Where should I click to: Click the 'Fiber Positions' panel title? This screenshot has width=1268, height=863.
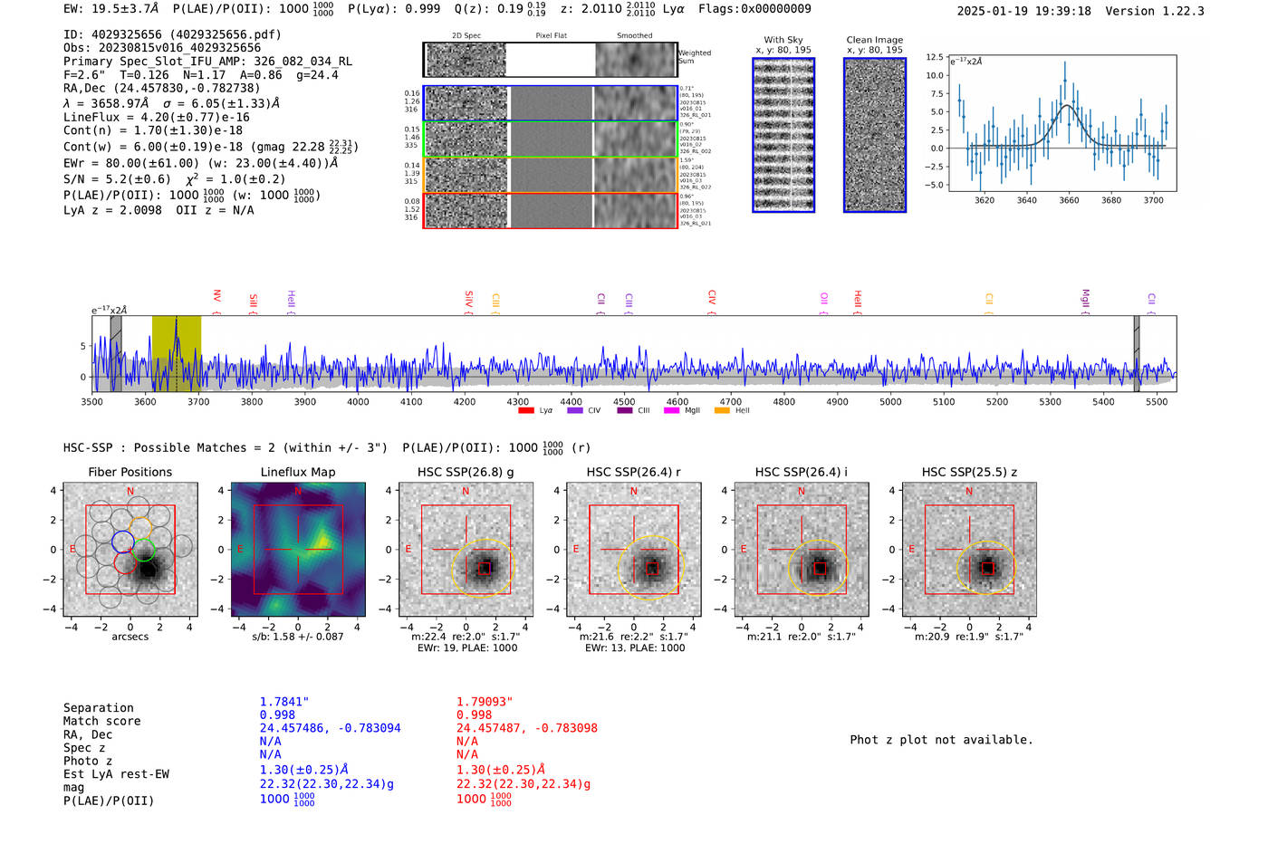point(130,472)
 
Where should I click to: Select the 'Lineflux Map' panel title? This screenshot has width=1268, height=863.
point(297,472)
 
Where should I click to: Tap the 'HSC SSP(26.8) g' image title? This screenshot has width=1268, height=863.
point(466,472)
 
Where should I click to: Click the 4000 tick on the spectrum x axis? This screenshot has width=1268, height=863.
point(358,402)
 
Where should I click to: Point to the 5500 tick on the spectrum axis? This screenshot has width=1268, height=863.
point(1157,402)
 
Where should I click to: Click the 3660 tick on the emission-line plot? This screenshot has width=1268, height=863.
point(1069,200)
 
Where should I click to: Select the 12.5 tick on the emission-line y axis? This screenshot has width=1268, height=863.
point(934,57)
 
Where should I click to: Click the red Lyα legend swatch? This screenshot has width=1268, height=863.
point(525,411)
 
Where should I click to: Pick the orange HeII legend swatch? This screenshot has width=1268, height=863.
point(722,411)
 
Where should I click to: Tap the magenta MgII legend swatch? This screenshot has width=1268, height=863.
point(671,411)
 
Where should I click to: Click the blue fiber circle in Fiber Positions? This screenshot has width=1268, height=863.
point(123,542)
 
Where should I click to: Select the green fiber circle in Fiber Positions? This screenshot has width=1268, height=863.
point(144,550)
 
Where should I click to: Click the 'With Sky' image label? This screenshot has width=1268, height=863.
point(783,40)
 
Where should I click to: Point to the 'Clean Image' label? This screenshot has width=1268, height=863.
point(874,40)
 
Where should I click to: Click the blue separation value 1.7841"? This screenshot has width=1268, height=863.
point(284,702)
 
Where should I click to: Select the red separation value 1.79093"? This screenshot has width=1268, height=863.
point(485,702)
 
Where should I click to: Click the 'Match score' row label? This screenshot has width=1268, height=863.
point(101,722)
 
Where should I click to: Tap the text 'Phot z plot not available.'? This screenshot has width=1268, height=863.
point(941,740)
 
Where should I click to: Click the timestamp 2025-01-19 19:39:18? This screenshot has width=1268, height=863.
point(1023,11)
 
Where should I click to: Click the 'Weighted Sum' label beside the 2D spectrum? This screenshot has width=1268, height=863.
point(694,57)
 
